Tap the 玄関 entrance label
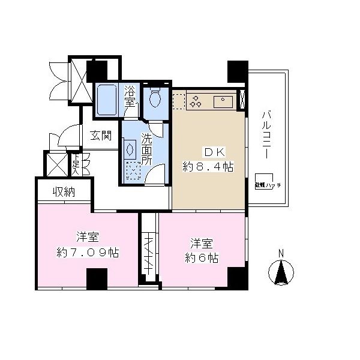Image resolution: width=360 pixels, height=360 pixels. (x=101, y=136)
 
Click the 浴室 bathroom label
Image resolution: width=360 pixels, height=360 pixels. (x=130, y=96)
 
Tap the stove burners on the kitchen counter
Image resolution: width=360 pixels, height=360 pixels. (x=195, y=101)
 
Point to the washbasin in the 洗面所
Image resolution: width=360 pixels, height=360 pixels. (x=130, y=149)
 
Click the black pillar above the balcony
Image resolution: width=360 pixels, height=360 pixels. (x=237, y=73)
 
